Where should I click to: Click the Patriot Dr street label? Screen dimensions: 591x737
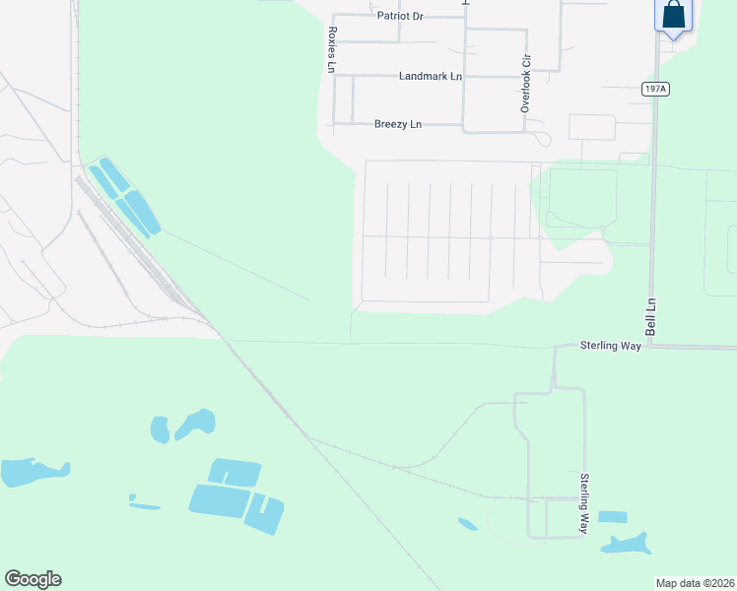(399, 17)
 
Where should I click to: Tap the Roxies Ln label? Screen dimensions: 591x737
(332, 49)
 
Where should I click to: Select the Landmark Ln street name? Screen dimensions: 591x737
(430, 76)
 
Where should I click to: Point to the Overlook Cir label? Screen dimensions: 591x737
(526, 83)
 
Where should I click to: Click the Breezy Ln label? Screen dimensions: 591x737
(397, 124)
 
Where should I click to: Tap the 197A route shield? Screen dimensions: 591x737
(655, 89)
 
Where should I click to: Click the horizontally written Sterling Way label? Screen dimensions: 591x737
(611, 346)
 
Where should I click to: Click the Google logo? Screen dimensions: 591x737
(33, 579)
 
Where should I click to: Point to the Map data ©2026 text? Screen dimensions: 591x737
(695, 583)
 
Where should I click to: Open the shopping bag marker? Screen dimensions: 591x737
(674, 16)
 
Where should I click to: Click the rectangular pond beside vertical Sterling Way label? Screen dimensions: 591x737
(612, 517)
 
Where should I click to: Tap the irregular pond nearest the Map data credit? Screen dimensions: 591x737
(628, 543)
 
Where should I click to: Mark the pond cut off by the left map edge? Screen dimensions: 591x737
(30, 472)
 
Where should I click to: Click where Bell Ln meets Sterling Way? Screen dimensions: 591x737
(651, 346)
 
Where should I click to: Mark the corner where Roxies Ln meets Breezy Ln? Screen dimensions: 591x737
(335, 124)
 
